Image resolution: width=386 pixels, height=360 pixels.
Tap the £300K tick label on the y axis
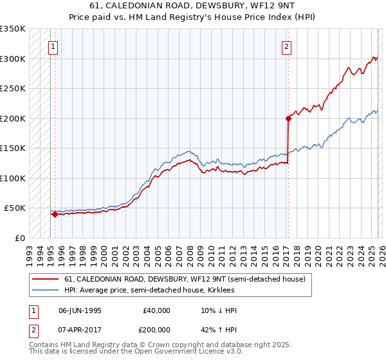tap(13, 59)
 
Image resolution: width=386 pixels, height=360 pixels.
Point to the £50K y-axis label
tap(15, 208)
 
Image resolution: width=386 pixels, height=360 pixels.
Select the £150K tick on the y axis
tap(13, 148)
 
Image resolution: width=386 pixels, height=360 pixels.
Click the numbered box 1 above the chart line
tap(52, 46)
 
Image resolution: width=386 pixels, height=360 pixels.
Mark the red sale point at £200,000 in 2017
tap(289, 118)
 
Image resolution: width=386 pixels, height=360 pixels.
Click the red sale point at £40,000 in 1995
tap(55, 215)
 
